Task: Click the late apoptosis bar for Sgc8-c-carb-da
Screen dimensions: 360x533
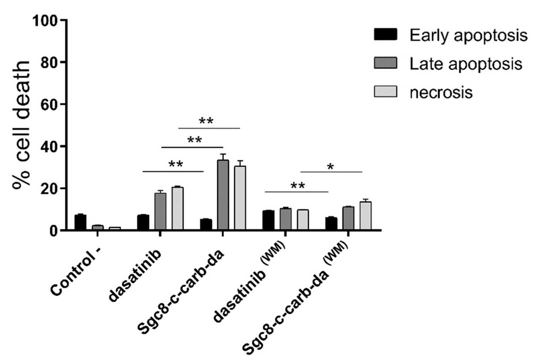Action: click(x=223, y=195)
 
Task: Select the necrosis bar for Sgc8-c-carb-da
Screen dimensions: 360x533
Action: click(x=240, y=198)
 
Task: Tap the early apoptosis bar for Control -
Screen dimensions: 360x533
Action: click(x=80, y=222)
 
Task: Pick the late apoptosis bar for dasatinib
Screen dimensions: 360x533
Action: click(x=160, y=211)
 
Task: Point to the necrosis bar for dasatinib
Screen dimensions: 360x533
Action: click(x=177, y=209)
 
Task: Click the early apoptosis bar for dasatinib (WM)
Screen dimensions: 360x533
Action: click(x=268, y=220)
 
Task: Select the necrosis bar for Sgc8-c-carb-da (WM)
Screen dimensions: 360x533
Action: click(x=365, y=216)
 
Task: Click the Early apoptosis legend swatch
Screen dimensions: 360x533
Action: click(x=385, y=34)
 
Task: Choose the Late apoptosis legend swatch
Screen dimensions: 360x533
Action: click(x=385, y=63)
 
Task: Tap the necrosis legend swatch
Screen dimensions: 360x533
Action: click(x=385, y=92)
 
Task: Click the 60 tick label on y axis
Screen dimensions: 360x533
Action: click(x=49, y=105)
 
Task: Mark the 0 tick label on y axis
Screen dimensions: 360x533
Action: click(x=53, y=231)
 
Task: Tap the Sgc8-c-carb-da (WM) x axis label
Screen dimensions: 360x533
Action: click(x=295, y=298)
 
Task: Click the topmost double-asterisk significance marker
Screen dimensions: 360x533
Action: click(x=206, y=121)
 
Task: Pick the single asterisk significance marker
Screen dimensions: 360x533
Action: click(x=330, y=167)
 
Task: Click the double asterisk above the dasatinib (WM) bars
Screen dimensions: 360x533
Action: click(x=298, y=186)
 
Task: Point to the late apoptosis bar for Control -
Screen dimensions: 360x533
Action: click(x=98, y=227)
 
